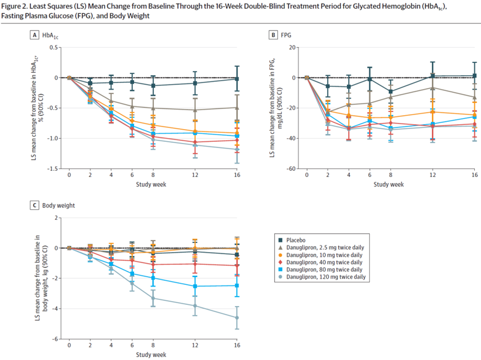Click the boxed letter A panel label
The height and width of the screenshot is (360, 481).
34,35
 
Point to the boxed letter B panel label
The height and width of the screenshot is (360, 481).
274,35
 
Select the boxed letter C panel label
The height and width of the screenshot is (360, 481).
34,205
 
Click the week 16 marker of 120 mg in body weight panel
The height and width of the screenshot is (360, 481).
237,318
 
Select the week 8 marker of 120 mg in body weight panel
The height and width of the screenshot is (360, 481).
153,298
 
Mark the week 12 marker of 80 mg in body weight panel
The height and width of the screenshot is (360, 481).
195,286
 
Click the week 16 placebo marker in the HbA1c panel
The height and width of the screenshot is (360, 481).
237,79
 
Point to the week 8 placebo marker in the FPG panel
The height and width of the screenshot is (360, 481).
390,91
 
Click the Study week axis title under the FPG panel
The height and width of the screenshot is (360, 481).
389,184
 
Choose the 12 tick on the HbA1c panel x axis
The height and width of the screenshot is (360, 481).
195,175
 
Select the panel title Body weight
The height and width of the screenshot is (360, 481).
58,205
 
